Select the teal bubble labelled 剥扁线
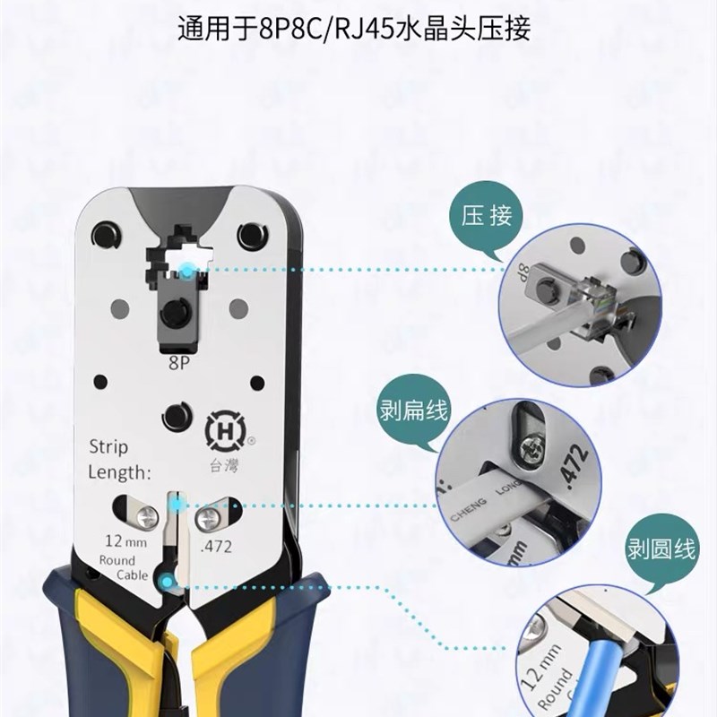point(412,415)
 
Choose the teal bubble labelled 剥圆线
point(661,549)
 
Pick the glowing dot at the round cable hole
point(167,584)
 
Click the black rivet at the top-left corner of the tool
point(107,234)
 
